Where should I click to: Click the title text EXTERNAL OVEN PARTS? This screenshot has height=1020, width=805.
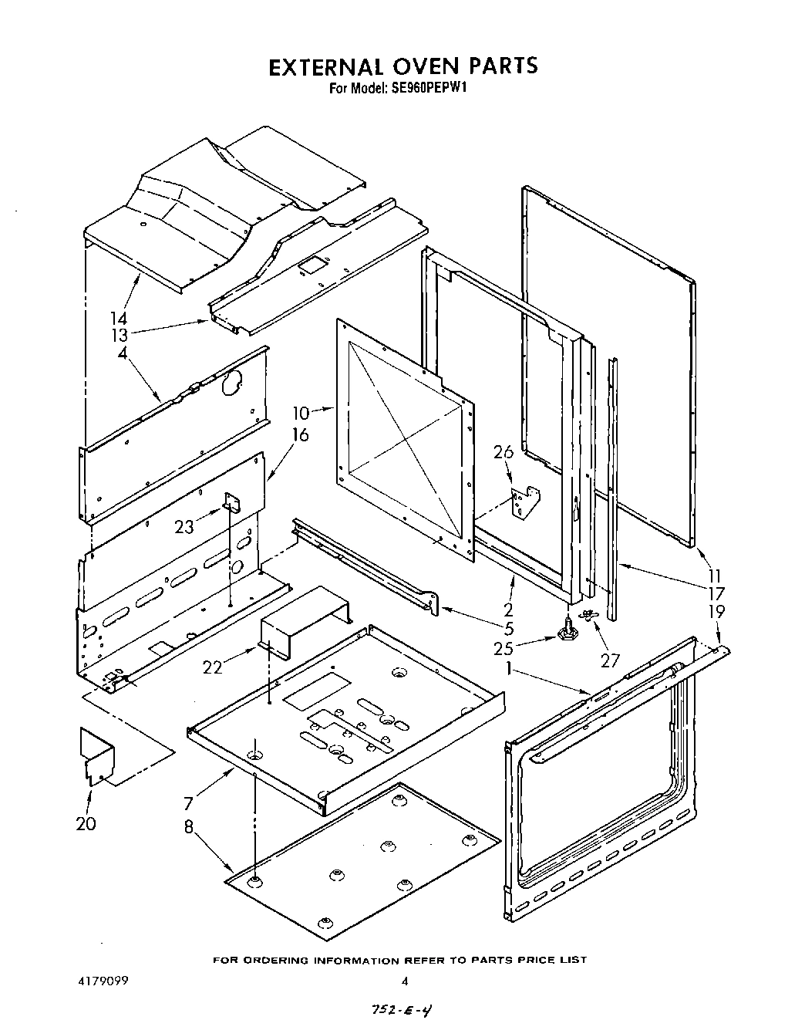coord(402,66)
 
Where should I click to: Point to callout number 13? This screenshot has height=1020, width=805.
coord(118,336)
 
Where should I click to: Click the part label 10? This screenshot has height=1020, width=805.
coord(301,412)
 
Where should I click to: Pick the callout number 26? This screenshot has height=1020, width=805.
coord(503,452)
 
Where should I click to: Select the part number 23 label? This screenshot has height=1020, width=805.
coord(184,527)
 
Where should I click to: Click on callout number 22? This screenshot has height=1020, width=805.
coord(213,667)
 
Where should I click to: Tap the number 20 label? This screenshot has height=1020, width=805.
coord(86,824)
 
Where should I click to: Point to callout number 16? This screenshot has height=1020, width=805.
coord(299,436)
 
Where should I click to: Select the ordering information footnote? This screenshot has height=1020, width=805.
coord(399,960)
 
